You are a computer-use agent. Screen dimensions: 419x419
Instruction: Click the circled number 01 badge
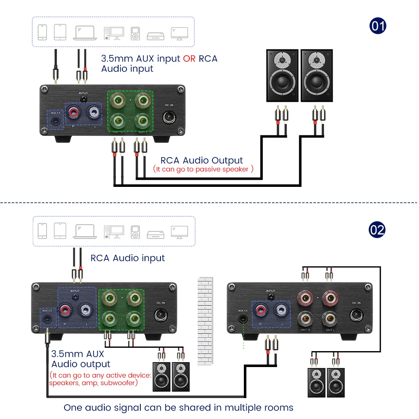click(378, 26)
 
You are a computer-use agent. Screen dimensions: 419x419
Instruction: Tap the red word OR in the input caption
click(189, 59)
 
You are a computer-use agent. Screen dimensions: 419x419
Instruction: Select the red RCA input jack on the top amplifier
click(74, 113)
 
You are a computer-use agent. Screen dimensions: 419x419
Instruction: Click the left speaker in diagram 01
click(282, 75)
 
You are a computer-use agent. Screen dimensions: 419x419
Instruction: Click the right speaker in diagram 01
click(317, 75)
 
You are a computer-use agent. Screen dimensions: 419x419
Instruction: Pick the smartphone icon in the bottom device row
click(43, 231)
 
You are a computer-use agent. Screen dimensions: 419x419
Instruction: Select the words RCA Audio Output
click(202, 160)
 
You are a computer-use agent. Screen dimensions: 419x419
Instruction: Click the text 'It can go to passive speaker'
click(203, 169)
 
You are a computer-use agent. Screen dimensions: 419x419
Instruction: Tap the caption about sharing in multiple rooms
click(178, 407)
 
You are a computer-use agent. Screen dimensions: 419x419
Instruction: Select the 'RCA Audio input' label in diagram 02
click(128, 258)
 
